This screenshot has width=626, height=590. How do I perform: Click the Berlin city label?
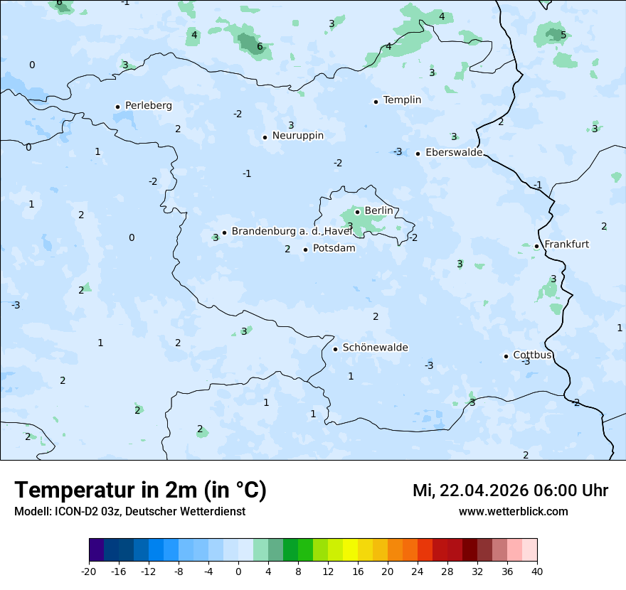(x=378, y=211)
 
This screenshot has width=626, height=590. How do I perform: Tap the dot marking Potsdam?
(x=305, y=250)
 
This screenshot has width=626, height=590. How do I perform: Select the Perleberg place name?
(x=148, y=106)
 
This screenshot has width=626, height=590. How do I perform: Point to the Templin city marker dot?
(x=376, y=102)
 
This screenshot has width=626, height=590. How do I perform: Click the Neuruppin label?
(x=297, y=136)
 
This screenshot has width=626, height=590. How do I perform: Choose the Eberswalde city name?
(x=454, y=153)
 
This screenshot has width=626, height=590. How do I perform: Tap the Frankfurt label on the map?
(x=566, y=245)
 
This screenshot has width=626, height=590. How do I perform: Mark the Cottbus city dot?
(x=506, y=356)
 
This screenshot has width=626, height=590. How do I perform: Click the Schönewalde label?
(x=375, y=348)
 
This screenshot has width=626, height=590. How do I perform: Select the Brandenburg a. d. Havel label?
(x=292, y=232)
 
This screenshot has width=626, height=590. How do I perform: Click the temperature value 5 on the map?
(x=563, y=35)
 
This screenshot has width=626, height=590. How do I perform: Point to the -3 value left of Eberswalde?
(x=398, y=152)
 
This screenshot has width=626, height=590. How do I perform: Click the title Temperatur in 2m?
(x=140, y=490)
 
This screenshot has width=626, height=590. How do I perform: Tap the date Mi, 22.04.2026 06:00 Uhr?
(x=510, y=490)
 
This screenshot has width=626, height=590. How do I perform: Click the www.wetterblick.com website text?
(x=513, y=512)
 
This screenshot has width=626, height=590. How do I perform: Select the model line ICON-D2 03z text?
(x=129, y=512)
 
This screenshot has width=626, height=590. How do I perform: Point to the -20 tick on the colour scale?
(x=89, y=571)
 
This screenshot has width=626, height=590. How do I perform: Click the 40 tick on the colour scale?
(x=536, y=571)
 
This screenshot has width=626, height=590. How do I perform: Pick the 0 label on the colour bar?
(x=238, y=571)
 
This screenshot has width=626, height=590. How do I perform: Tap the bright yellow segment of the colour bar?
(x=350, y=550)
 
